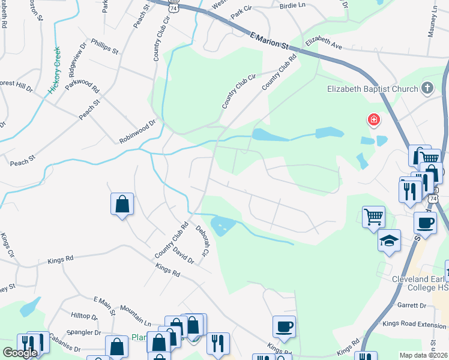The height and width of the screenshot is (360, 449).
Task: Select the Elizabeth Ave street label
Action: [x=323, y=43]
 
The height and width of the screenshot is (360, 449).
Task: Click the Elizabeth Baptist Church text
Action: [x=372, y=89]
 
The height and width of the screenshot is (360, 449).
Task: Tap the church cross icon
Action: [x=427, y=89]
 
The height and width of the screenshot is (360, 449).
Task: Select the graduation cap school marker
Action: [x=389, y=241]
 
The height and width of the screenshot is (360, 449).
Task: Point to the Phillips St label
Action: [x=101, y=47]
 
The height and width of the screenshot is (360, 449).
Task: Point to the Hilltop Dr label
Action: [x=84, y=316]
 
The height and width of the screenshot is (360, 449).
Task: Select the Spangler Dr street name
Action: [x=83, y=332]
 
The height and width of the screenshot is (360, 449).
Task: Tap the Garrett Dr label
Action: [x=411, y=305]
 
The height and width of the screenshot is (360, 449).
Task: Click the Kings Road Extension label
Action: [x=423, y=325]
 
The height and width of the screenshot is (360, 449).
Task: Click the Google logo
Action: [x=20, y=353]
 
